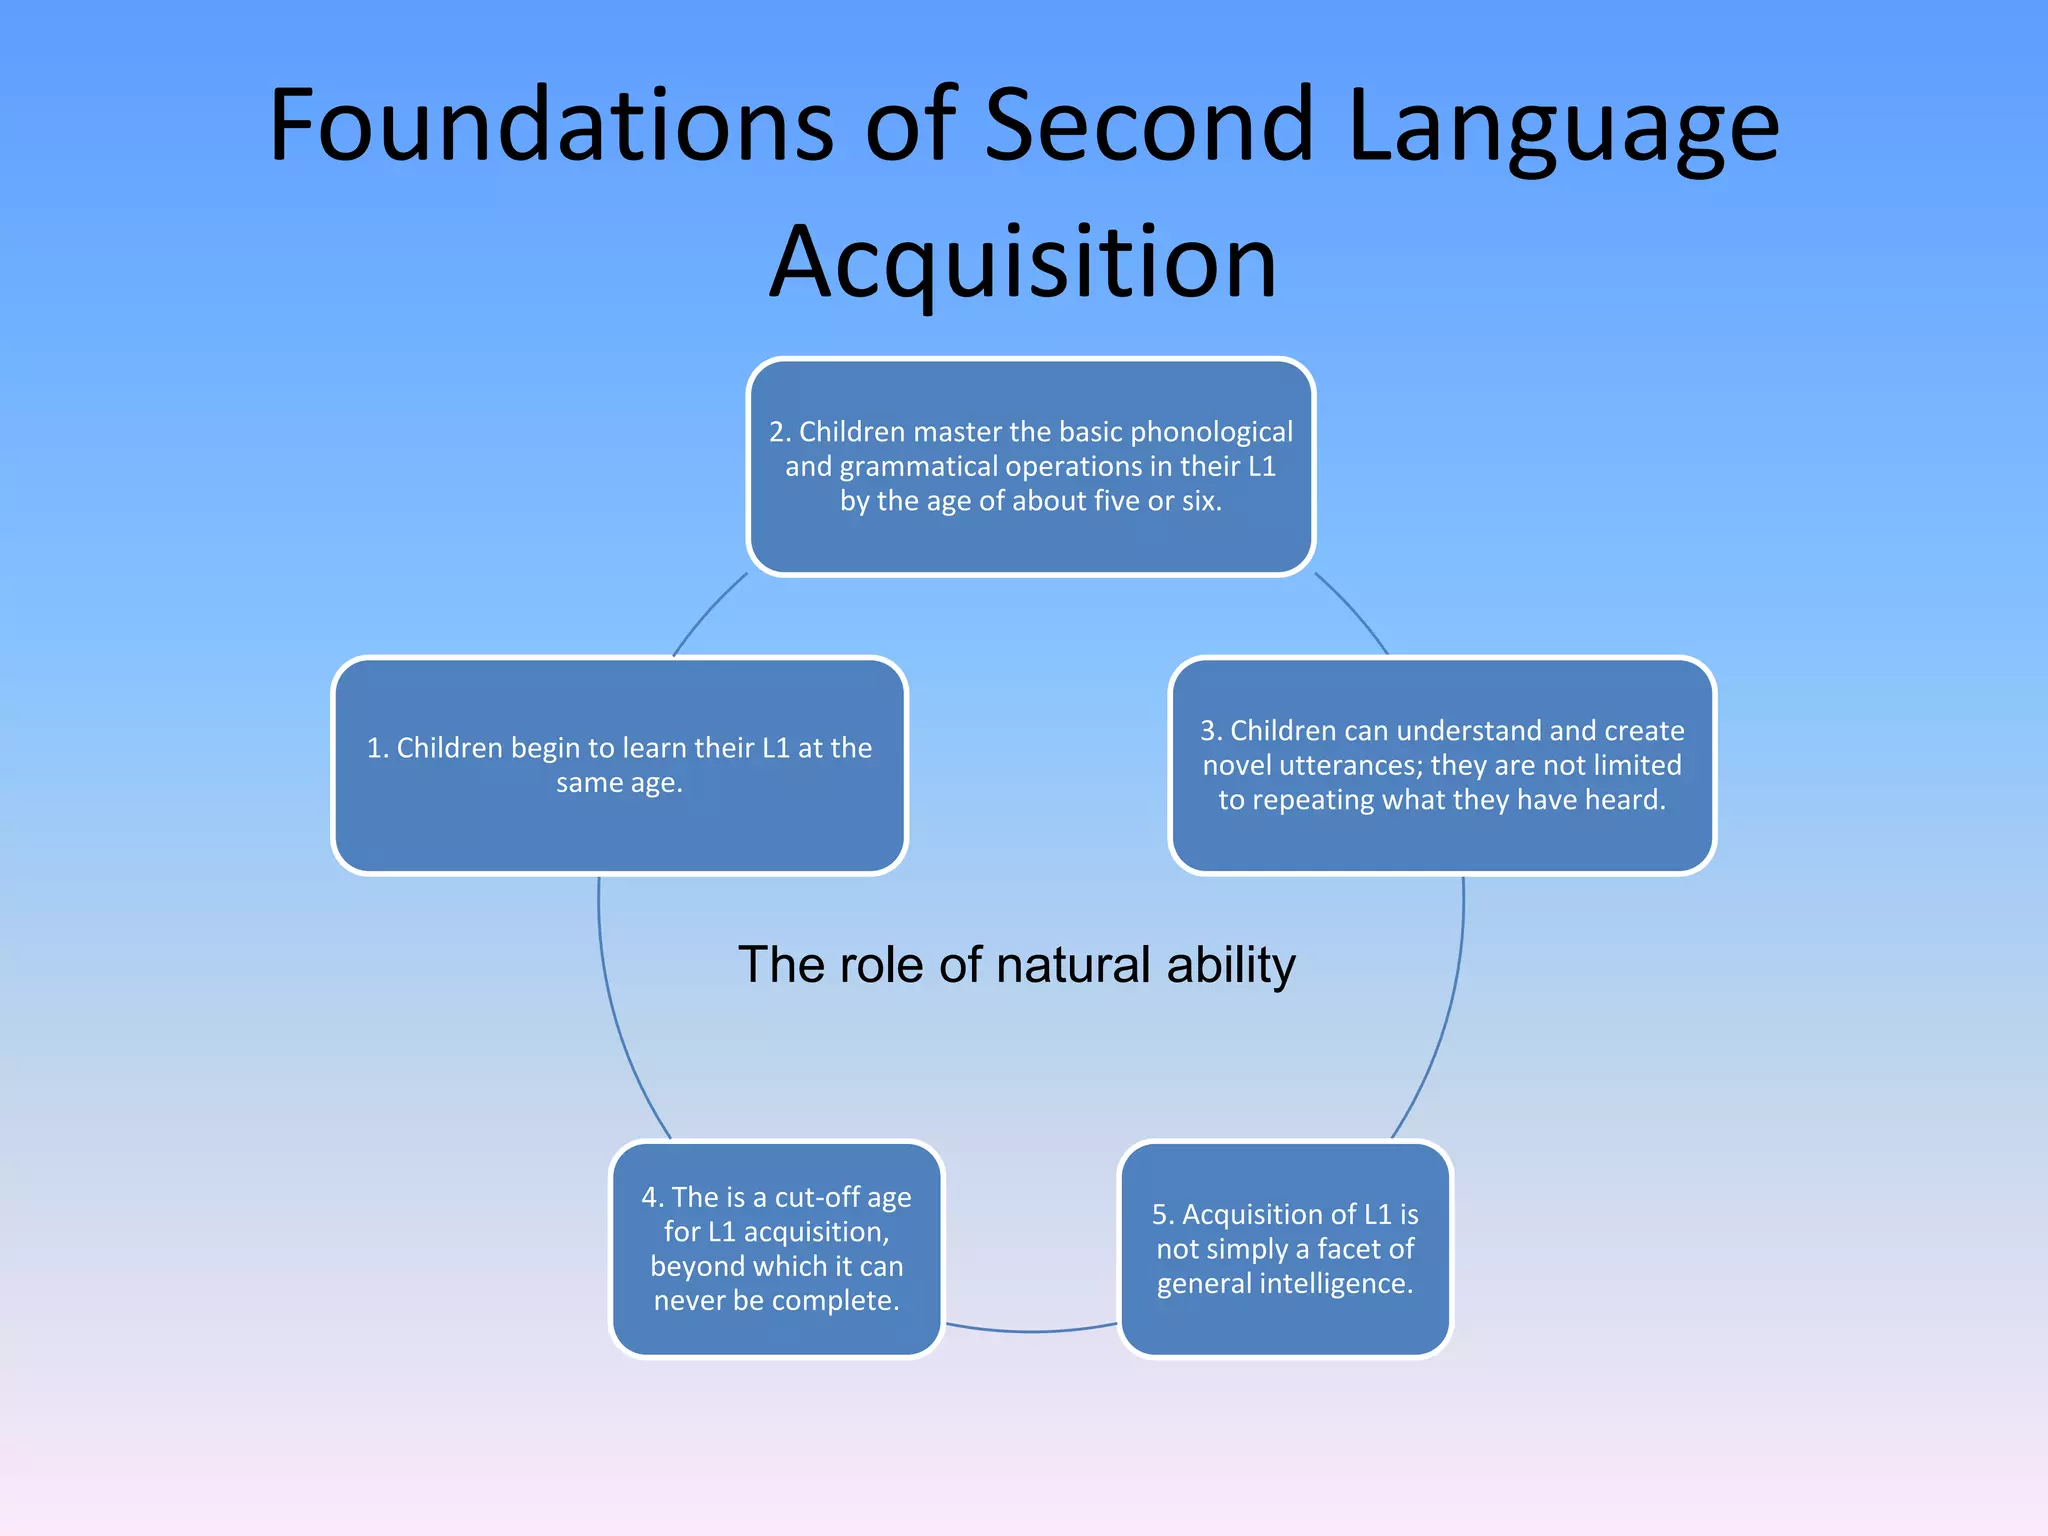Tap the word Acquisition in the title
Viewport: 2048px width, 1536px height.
coord(1023,263)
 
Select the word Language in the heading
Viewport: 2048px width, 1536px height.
coord(1563,128)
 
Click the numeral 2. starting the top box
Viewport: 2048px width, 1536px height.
coord(780,432)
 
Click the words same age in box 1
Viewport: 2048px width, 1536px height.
coord(619,783)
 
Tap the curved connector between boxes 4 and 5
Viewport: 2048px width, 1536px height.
coord(1030,1331)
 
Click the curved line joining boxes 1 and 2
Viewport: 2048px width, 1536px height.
coord(706,613)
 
